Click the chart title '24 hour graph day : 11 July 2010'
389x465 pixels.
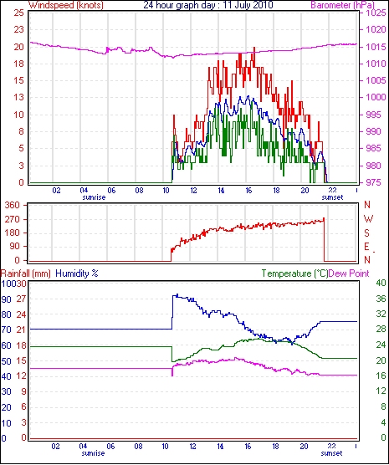208,5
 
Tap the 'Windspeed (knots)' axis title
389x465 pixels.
66,5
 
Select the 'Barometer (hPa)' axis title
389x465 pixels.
342,5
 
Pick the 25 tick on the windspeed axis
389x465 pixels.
18,13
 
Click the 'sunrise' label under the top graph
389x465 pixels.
94,197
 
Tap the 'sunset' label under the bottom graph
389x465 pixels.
331,453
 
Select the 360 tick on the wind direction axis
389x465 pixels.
13,205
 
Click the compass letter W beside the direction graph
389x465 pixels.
368,219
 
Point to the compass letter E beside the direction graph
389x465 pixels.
366,247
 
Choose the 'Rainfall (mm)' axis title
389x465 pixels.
26,273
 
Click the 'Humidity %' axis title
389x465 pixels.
77,273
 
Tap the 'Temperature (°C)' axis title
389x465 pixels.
295,273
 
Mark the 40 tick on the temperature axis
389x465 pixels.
381,283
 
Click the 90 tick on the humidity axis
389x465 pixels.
6,299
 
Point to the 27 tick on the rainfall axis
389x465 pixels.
21,299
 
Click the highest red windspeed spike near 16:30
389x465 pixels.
254,48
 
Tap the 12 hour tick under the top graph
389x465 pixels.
193,190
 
